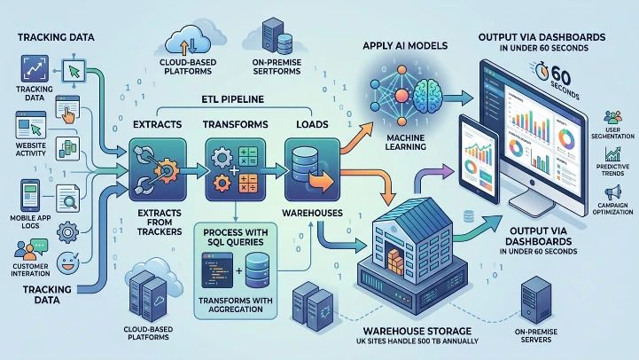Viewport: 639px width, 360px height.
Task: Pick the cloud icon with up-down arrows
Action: pos(187,42)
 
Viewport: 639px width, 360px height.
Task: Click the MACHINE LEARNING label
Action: pos(403,142)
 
